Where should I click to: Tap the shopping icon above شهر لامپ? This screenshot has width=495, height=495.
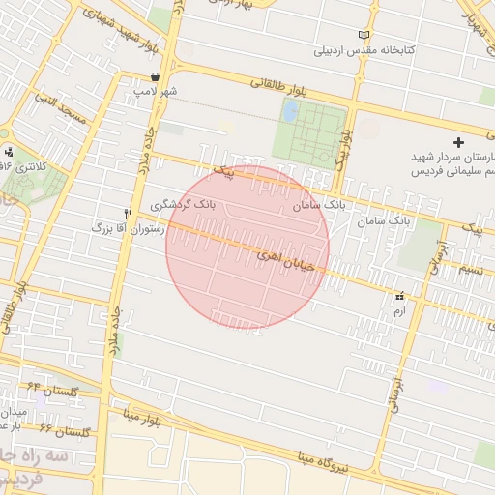(156, 76)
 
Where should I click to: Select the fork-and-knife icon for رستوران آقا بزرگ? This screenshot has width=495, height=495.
(128, 214)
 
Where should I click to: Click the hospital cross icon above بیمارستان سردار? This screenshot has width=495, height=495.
(458, 142)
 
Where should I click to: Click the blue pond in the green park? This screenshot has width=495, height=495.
(289, 111)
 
